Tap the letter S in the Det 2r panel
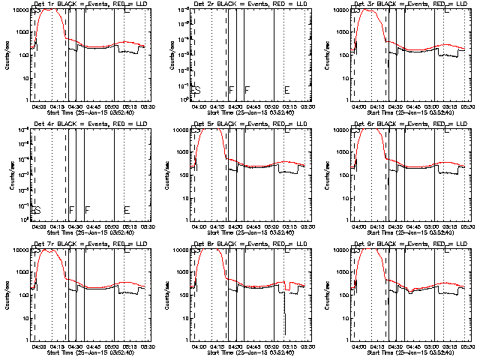pyautogui.click(x=197, y=90)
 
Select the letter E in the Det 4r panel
pyautogui.click(x=127, y=210)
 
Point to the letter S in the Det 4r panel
pyautogui.click(x=37, y=210)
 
